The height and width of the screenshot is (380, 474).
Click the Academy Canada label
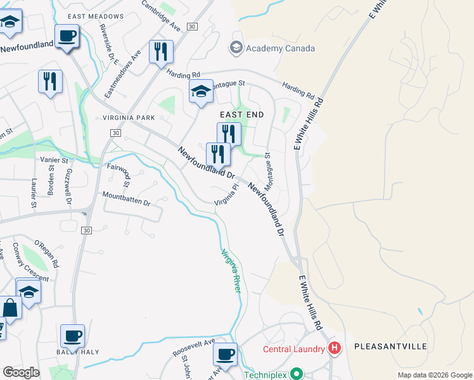pyautogui.click(x=280, y=48)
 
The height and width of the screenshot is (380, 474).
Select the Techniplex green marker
pyautogui.click(x=294, y=375)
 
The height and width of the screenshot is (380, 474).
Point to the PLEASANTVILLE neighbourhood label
pyautogui.click(x=390, y=346)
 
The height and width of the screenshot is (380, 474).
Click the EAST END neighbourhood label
pyautogui.click(x=241, y=114)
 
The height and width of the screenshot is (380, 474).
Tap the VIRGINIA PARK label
pyautogui.click(x=129, y=118)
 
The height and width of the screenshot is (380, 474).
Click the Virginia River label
pyautogui.click(x=231, y=270)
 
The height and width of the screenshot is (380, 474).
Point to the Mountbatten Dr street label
pyautogui.click(x=125, y=199)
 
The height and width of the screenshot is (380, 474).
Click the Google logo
pyautogui.click(x=21, y=372)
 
